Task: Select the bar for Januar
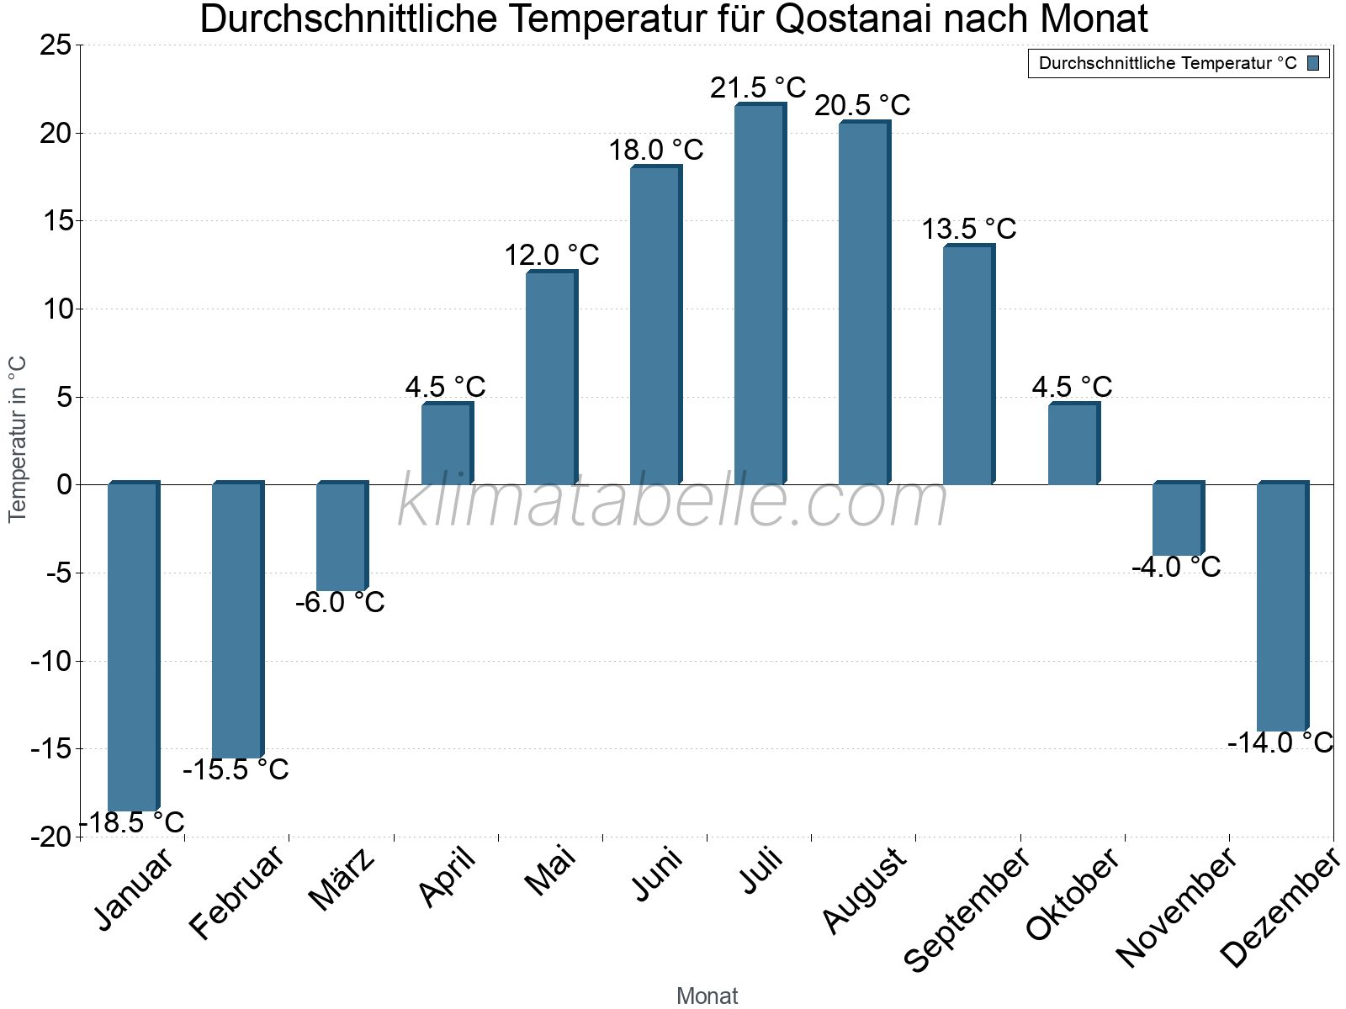(x=133, y=647)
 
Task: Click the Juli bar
(x=760, y=294)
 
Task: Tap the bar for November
(x=1177, y=520)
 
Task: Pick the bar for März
(x=342, y=538)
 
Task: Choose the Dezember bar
(x=1281, y=607)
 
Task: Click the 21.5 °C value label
(x=758, y=87)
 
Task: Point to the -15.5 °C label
(x=236, y=769)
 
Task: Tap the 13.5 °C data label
(x=968, y=229)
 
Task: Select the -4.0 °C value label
(x=1175, y=568)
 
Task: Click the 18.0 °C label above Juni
(x=655, y=151)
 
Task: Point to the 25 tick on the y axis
(x=56, y=45)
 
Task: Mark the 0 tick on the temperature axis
(x=64, y=485)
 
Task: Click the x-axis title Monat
(x=707, y=996)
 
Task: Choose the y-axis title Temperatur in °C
(x=18, y=439)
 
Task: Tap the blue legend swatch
(x=1313, y=63)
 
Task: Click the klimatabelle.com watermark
(x=673, y=502)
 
